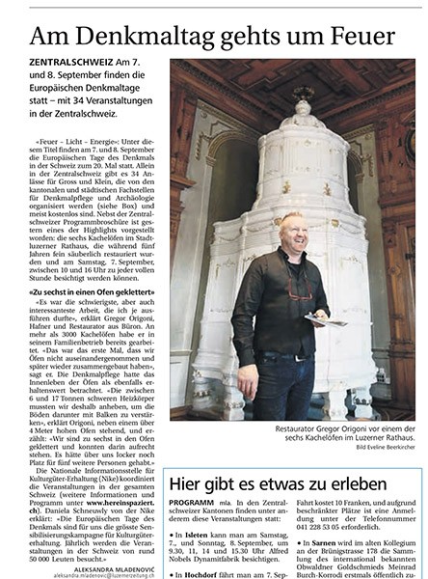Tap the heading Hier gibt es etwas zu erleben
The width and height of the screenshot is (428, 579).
point(281,482)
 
